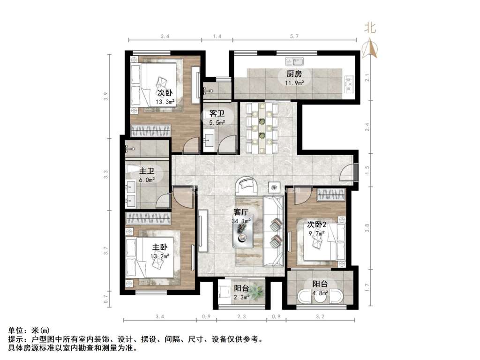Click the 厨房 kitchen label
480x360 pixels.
pos(294,74)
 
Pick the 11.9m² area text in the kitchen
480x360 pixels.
pos(294,82)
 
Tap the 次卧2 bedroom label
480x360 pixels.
pos(317,224)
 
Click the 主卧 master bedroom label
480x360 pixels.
pos(159,247)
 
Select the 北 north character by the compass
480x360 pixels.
pos(370,28)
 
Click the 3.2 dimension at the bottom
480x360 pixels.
pos(320,317)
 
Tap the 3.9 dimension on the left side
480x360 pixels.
pos(106,97)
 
